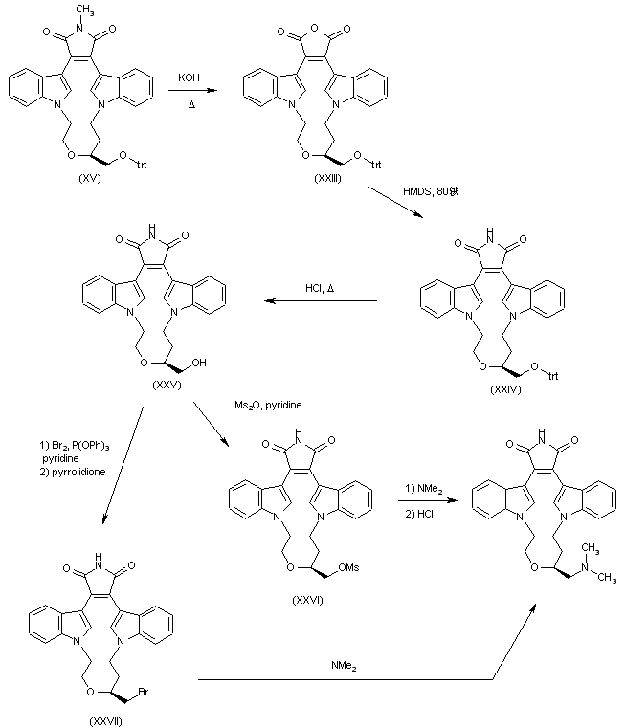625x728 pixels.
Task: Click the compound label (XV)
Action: (x=82, y=180)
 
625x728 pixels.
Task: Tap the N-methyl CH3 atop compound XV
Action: (x=88, y=10)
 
